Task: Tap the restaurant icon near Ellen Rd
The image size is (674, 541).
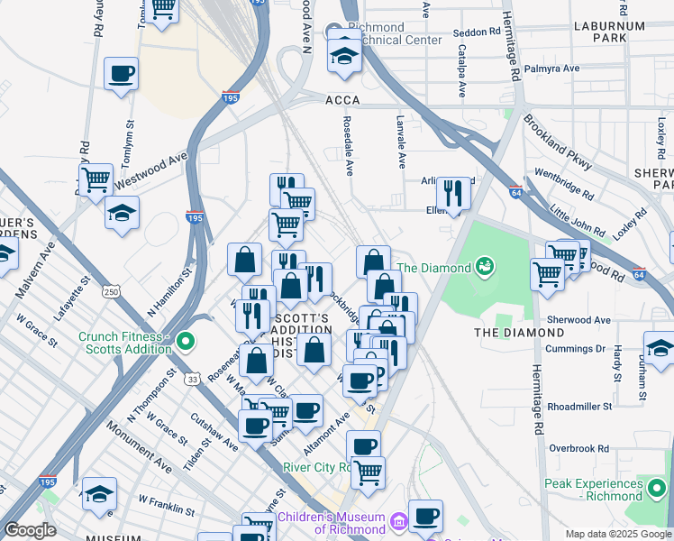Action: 453,192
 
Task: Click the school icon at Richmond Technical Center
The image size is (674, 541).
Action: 343,56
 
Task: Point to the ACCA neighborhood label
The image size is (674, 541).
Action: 342,104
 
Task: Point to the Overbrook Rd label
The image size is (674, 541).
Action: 578,448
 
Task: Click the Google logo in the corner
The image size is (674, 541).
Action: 29,530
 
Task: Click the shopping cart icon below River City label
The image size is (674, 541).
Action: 368,472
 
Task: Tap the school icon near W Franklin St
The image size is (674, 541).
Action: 99,492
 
